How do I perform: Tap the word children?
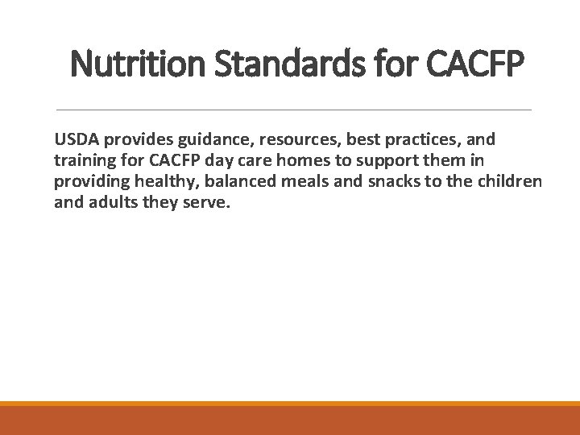coord(512,179)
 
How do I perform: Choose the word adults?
coord(112,202)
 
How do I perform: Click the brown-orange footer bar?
coord(290,420)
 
